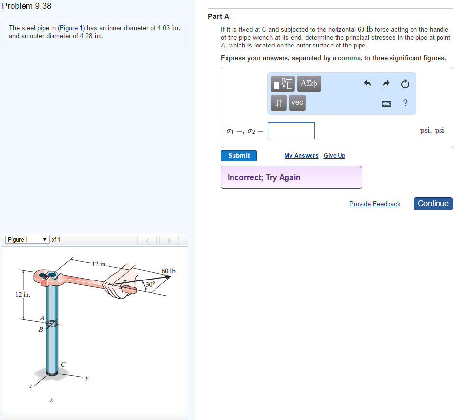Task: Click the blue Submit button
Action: (238, 156)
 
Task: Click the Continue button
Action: (433, 204)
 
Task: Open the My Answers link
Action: (301, 156)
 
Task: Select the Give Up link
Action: (335, 156)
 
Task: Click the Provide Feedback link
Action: (375, 204)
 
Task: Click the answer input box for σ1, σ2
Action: (291, 131)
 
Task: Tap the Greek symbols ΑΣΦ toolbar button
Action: (309, 84)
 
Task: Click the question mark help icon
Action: (405, 103)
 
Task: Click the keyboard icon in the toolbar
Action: (387, 103)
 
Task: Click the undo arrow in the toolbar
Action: (367, 84)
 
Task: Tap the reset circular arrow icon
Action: (405, 84)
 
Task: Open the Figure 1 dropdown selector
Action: (27, 240)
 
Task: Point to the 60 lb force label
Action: (168, 271)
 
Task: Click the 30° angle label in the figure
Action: (149, 284)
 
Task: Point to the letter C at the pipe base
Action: (63, 363)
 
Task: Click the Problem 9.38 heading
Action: (26, 6)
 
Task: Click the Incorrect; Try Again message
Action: (264, 178)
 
